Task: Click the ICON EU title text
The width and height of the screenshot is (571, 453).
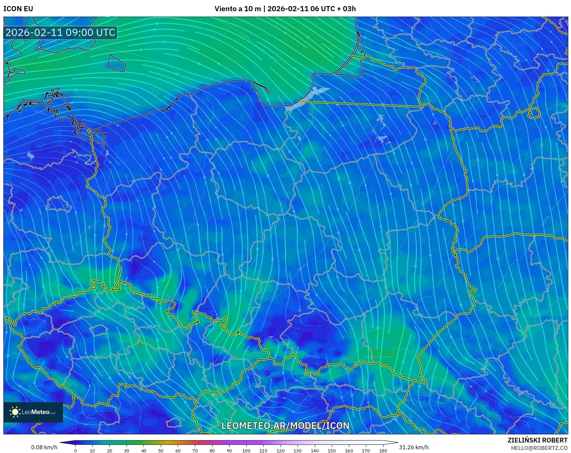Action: coord(18,9)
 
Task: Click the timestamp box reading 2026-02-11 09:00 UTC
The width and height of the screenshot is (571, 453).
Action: coord(60,33)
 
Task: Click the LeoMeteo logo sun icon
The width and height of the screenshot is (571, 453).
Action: coord(15,412)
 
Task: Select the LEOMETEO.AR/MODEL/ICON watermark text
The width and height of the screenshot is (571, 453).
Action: coord(285,426)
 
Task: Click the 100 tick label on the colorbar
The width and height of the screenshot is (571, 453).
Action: coord(246,450)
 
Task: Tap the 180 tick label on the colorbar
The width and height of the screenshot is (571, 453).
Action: coord(383,450)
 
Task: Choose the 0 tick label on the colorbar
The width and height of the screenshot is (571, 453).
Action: coord(75,450)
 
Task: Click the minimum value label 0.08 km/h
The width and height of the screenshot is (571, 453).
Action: coord(44,447)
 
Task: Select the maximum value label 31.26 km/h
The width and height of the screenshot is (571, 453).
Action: coord(414,447)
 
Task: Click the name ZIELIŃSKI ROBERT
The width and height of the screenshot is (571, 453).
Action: coord(537,440)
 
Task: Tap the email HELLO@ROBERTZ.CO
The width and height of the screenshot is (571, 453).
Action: coord(539,448)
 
